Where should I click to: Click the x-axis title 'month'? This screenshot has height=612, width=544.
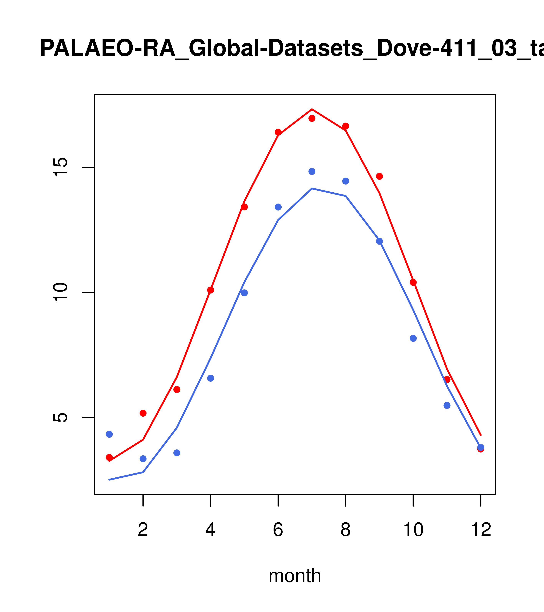coord(295,576)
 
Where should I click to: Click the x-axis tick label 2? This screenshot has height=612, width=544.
coord(143,530)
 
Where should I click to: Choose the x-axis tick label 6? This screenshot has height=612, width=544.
coord(278,530)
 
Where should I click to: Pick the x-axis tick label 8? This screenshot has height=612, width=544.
coord(346,530)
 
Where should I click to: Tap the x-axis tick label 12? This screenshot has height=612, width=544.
coord(481,530)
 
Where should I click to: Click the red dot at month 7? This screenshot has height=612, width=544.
coord(312,118)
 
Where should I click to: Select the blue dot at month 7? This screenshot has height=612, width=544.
coord(312,171)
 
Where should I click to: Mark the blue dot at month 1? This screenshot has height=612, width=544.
coord(109,434)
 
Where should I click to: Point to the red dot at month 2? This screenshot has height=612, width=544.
coord(143,413)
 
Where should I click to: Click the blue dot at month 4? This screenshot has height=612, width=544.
coord(211,378)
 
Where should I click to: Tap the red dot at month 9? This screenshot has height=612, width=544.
coord(379,176)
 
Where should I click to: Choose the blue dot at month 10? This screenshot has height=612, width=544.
coord(413,338)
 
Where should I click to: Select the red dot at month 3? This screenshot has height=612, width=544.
coord(177,390)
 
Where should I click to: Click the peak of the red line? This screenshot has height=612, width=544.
coord(312,109)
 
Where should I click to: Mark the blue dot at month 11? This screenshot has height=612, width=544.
coord(447,405)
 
